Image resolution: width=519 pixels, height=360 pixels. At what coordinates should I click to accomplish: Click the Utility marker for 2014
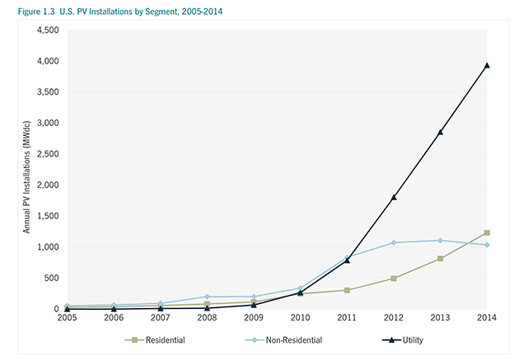487,65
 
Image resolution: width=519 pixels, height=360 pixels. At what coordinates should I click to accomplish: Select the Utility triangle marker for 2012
394,197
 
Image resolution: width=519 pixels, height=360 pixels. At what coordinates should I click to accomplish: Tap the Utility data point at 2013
441,132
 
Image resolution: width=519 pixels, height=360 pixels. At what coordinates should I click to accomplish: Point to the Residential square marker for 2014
487,233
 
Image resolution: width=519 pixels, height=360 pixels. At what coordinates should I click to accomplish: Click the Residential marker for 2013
441,259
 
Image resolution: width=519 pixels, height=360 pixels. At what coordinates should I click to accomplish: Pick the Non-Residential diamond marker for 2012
394,242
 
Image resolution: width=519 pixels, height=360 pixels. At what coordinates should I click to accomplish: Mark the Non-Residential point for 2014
487,245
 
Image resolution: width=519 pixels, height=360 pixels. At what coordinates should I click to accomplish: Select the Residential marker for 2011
347,290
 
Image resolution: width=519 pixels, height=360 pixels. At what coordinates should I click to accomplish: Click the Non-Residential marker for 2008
207,297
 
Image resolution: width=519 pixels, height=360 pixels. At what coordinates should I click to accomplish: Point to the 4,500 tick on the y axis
45,30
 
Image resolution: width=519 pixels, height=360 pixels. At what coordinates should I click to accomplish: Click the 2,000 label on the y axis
45,185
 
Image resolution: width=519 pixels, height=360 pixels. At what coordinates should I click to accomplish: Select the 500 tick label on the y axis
49,278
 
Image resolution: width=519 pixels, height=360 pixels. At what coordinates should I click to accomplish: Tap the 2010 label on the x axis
300,318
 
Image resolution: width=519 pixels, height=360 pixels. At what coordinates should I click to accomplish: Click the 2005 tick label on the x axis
67,318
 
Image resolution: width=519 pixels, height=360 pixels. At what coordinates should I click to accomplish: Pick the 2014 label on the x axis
487,318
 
